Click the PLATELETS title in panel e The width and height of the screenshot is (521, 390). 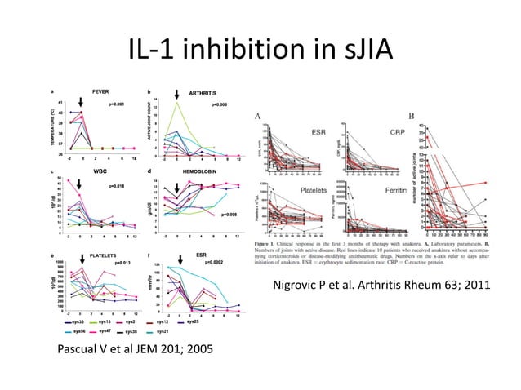(x=103, y=255)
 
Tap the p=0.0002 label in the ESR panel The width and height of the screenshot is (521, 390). (x=220, y=263)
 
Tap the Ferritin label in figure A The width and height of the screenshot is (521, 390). (x=376, y=189)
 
